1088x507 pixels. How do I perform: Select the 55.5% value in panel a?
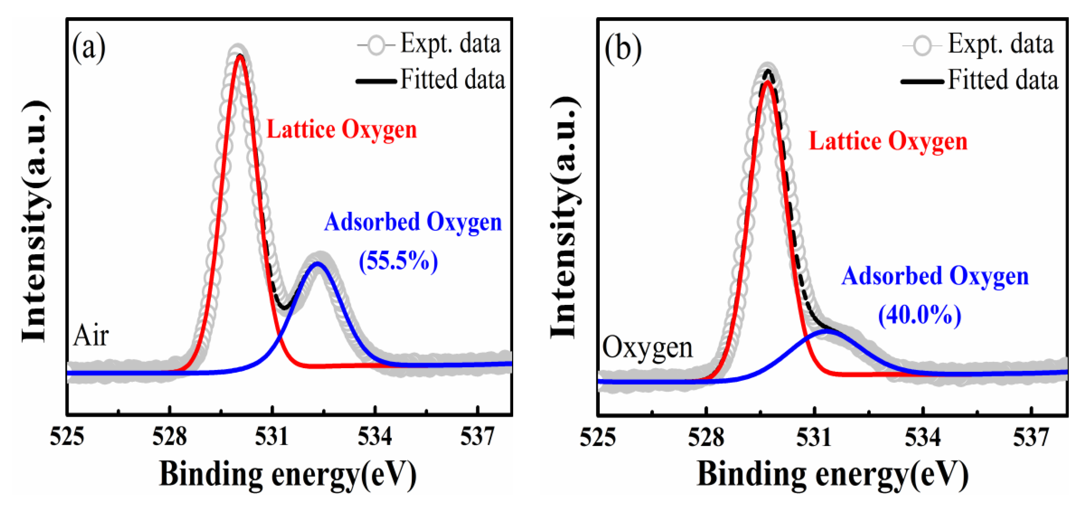(x=398, y=261)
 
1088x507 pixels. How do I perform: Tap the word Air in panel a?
(x=91, y=336)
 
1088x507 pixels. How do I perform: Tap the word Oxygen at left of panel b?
(x=647, y=348)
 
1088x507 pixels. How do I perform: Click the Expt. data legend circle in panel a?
(x=376, y=45)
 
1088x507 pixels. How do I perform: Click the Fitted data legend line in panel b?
(x=922, y=81)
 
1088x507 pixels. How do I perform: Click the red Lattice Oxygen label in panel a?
(x=341, y=129)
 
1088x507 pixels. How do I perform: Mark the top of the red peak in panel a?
(x=240, y=56)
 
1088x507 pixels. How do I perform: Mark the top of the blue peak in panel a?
(x=318, y=264)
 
